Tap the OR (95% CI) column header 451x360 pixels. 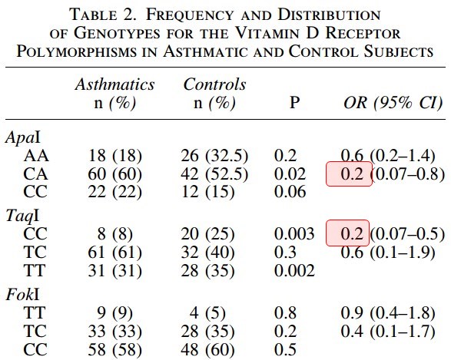(x=393, y=103)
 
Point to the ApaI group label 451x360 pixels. (x=23, y=137)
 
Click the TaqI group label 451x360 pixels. (x=22, y=216)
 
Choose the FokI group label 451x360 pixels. (x=22, y=294)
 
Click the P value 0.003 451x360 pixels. (x=294, y=233)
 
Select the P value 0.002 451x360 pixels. (x=294, y=270)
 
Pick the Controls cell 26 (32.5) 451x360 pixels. (x=214, y=156)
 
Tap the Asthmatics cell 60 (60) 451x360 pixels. (x=114, y=174)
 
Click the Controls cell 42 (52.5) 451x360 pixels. (x=214, y=174)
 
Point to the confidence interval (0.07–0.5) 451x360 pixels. (x=407, y=234)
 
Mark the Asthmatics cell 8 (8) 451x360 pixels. (x=114, y=234)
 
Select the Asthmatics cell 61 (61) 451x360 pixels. (x=114, y=253)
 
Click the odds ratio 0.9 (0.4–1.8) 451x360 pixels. (x=388, y=312)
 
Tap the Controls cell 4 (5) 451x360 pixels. (x=207, y=312)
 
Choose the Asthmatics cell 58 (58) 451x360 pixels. (x=114, y=349)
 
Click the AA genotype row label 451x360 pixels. (x=36, y=156)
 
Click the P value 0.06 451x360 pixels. (x=290, y=192)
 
